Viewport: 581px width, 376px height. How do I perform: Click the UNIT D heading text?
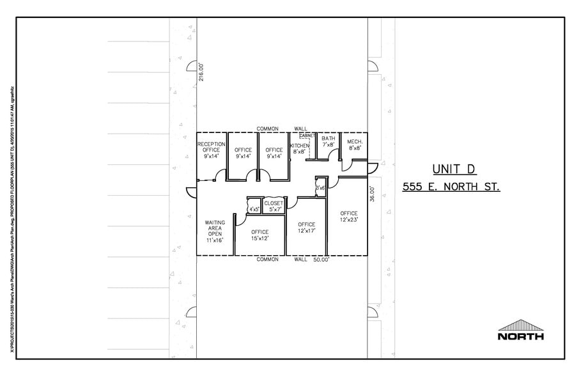[454, 169]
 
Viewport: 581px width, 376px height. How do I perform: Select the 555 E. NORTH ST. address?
[451, 187]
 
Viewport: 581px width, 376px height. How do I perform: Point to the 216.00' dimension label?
[201, 72]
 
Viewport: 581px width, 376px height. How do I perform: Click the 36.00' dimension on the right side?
[371, 194]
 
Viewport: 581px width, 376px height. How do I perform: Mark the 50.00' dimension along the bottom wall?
[321, 260]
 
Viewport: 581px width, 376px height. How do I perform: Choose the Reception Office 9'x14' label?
[211, 150]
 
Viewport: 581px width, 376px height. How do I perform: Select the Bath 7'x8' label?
[329, 142]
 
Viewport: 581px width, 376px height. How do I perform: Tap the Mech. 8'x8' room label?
[355, 145]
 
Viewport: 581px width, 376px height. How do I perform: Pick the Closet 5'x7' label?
[274, 206]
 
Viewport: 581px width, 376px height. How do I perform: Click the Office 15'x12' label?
[260, 235]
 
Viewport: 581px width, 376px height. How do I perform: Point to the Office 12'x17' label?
[306, 228]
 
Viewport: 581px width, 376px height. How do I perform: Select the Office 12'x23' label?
[349, 216]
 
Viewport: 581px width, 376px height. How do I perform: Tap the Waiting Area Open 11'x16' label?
[215, 232]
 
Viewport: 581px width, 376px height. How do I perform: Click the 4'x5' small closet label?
[254, 208]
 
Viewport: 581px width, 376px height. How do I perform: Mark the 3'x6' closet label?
[320, 188]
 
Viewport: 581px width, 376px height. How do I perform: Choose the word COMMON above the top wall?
[267, 129]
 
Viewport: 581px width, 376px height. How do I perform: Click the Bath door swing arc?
[330, 146]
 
